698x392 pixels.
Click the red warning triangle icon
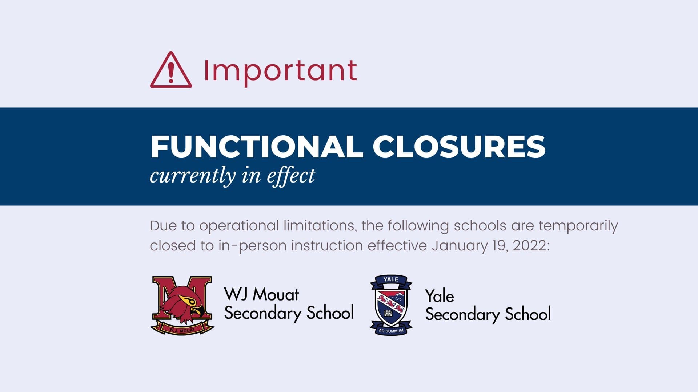(171, 70)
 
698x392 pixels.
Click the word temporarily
(578, 226)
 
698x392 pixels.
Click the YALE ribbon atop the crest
(391, 280)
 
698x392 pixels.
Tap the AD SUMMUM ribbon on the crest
(391, 331)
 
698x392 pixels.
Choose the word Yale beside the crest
(440, 297)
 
